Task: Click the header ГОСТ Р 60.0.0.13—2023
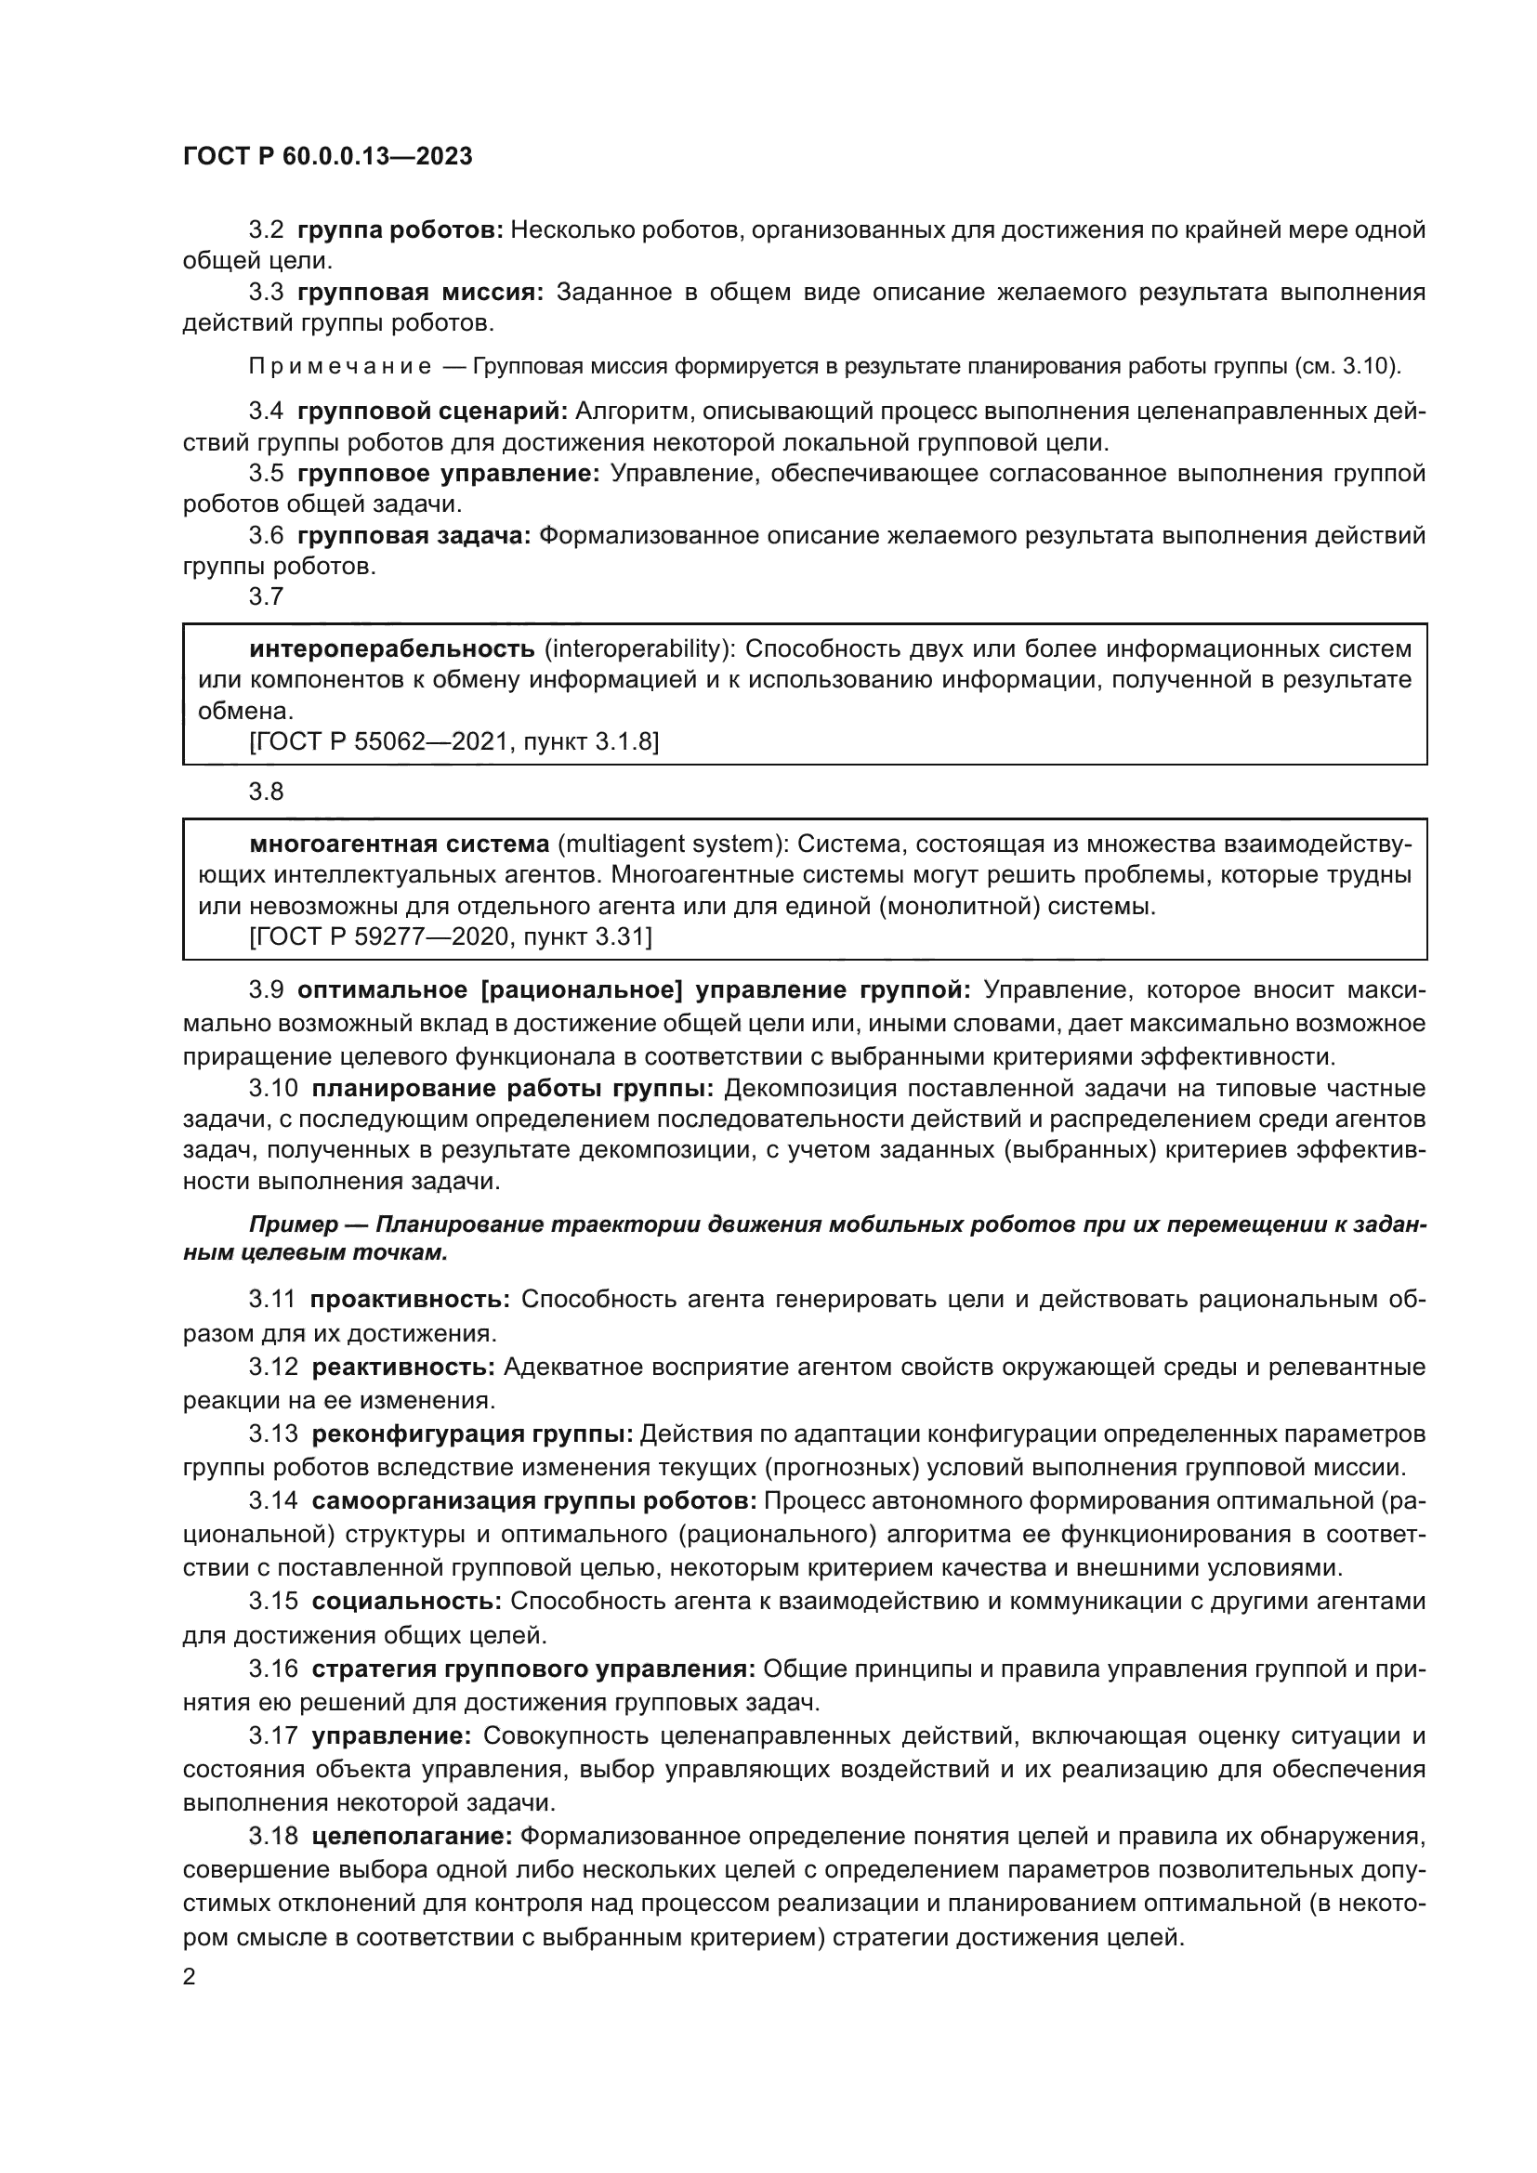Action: pos(327,157)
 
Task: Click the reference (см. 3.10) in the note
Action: pos(1346,367)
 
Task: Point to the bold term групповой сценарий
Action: pos(431,412)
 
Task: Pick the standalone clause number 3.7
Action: pos(266,596)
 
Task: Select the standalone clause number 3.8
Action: pos(266,792)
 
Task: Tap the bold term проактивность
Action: pos(410,1300)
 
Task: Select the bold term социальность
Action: pos(406,1601)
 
